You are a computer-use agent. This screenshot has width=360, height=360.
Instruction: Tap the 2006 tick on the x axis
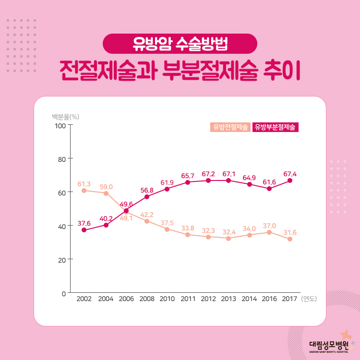click(126, 299)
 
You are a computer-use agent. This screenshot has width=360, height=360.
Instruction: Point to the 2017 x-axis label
click(289, 299)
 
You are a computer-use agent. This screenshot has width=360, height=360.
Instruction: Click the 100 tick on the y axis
click(60, 126)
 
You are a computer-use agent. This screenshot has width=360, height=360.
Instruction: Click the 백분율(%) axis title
click(66, 116)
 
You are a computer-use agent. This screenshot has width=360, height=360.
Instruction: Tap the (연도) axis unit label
click(309, 299)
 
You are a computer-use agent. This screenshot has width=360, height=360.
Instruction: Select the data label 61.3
click(84, 184)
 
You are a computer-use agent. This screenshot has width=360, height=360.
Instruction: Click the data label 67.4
click(290, 174)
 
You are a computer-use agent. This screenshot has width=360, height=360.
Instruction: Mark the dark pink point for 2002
click(84, 230)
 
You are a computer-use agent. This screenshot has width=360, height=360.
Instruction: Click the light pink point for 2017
click(290, 239)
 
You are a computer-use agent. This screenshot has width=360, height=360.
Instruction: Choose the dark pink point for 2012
click(208, 180)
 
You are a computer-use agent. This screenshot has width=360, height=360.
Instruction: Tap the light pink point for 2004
click(106, 193)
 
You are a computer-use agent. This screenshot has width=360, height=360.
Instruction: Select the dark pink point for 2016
click(269, 189)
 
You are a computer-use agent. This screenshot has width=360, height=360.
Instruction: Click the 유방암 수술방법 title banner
click(180, 44)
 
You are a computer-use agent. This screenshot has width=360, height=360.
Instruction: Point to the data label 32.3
click(208, 230)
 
